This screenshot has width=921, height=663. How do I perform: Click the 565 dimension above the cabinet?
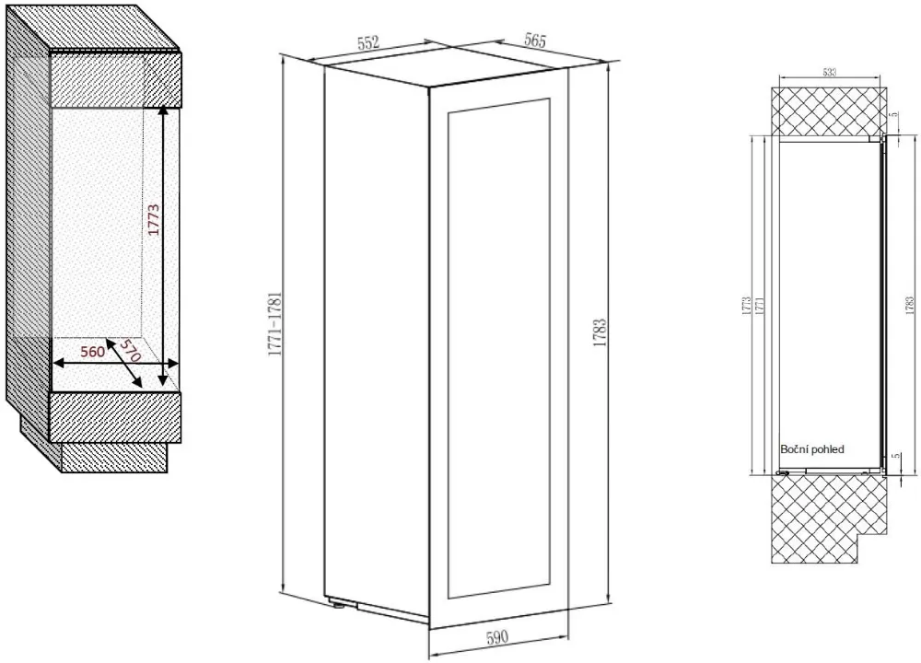click(533, 41)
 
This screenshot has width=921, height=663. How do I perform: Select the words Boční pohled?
click(811, 448)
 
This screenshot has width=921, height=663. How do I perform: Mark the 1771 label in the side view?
click(758, 308)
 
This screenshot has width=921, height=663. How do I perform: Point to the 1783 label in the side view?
click(910, 306)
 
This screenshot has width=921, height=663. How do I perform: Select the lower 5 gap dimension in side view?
click(895, 457)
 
